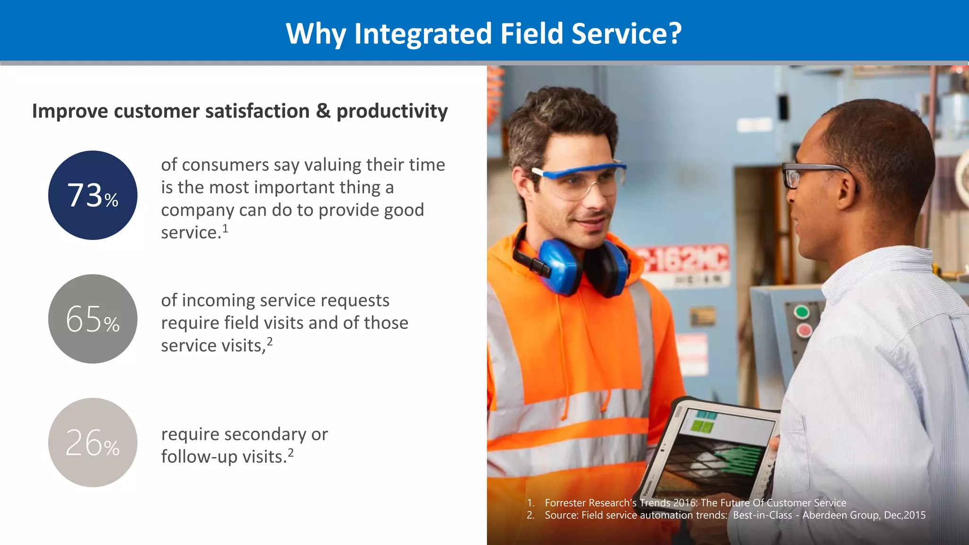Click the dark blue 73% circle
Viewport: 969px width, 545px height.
[x=93, y=195]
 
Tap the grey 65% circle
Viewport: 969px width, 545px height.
[x=93, y=319]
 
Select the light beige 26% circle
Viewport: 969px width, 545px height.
[x=93, y=442]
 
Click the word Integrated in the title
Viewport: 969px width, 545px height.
[x=423, y=34]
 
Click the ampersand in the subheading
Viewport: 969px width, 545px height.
[x=323, y=111]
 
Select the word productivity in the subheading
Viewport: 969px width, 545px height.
[x=392, y=111]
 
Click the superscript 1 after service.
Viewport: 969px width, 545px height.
[x=226, y=229]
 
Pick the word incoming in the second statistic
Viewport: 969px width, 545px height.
[x=218, y=300]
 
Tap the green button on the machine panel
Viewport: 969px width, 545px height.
[x=802, y=312]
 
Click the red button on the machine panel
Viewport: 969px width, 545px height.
[x=804, y=330]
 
